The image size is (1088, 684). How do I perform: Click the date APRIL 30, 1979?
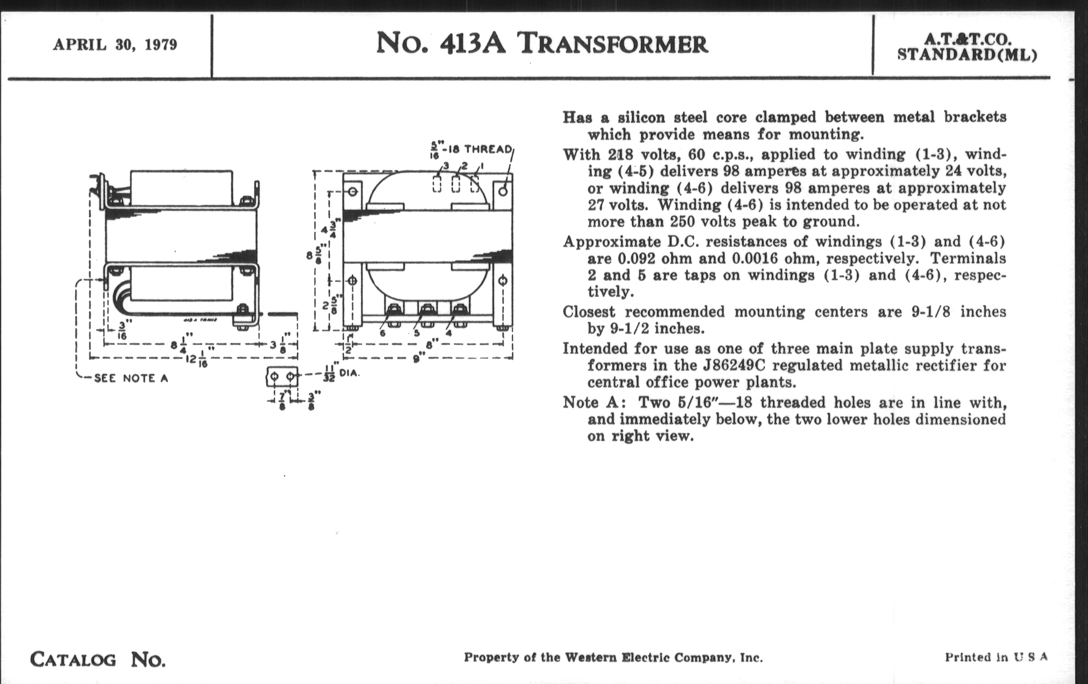[115, 45]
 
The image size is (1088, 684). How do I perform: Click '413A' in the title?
[472, 44]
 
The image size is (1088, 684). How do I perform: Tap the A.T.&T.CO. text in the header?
[966, 39]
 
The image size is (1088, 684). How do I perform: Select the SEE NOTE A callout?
[131, 378]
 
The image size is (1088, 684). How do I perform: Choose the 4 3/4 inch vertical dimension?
[329, 227]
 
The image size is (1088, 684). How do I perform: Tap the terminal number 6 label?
[382, 334]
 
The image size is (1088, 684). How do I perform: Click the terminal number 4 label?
[448, 334]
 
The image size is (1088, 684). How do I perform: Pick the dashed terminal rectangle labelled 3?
[437, 184]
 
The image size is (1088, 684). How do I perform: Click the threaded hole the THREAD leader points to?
[503, 191]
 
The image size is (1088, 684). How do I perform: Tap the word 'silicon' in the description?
[641, 118]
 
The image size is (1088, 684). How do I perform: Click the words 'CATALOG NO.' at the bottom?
[98, 659]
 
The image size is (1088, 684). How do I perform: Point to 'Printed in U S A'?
[996, 657]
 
